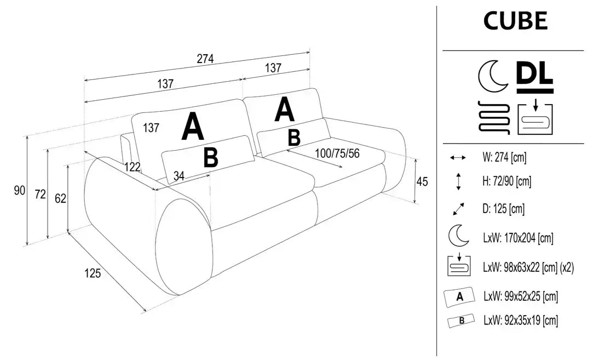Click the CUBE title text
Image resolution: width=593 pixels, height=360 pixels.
coord(515,21)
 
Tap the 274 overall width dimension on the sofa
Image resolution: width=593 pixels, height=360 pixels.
coord(205,59)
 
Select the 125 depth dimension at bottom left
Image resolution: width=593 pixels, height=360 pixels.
coord(93,273)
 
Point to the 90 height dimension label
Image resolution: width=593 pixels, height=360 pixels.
coord(20,191)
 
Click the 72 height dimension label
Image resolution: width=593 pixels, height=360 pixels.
coord(39,194)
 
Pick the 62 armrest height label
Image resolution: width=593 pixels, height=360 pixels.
coord(60,198)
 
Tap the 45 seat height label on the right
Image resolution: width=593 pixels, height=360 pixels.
coord(422,181)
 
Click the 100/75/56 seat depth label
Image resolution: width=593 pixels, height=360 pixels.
coord(337,153)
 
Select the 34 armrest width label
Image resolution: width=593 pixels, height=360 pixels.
coord(179,176)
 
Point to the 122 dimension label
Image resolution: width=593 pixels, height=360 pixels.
coord(131,168)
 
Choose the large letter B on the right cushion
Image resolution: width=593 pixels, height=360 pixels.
coord(294,138)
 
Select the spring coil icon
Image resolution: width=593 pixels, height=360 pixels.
coord(494,117)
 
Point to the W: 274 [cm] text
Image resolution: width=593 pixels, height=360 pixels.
coord(504,158)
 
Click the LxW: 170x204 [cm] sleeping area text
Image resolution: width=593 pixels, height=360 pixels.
coord(517,238)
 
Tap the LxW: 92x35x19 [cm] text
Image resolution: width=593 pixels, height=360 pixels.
coord(520,321)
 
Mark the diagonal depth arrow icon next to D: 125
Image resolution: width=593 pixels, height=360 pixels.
coord(458,209)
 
